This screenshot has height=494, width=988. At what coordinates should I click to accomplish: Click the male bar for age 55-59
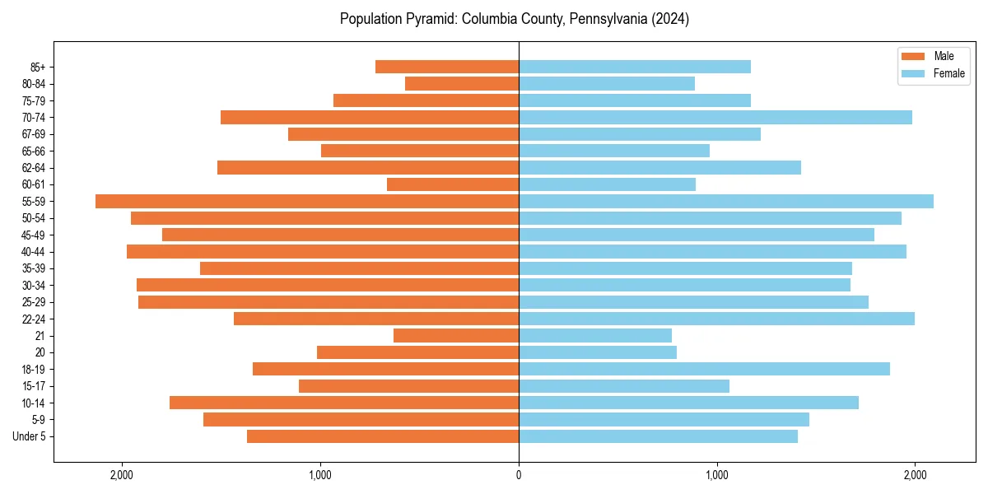307,201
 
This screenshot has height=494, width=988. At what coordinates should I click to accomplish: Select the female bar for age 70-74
715,117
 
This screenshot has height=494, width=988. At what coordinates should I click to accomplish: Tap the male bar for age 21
456,335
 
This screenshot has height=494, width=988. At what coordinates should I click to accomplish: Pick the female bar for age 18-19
704,369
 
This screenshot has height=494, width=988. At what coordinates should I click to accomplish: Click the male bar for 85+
447,67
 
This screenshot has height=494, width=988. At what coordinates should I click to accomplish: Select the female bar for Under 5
658,436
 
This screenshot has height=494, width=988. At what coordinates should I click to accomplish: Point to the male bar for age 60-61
453,184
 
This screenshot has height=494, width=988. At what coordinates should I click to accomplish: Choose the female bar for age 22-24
716,319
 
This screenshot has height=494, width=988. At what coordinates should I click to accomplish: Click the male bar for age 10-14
344,403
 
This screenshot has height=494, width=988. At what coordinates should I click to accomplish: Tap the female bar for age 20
598,352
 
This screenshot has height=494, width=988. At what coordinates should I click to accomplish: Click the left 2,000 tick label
122,475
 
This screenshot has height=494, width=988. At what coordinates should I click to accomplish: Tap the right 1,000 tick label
717,475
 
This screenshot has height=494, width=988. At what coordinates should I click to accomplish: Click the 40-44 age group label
33,252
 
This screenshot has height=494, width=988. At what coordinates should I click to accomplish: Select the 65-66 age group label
33,151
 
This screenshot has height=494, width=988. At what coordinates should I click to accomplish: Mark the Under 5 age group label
29,436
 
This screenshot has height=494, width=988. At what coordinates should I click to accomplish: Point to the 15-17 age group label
33,386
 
